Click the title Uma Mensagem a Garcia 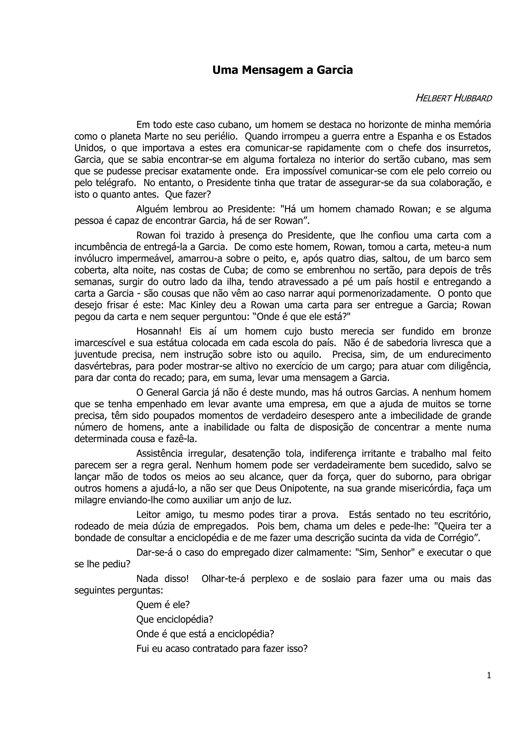(282, 70)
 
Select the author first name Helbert (433, 98)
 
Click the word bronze (477, 331)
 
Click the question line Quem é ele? (163, 605)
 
